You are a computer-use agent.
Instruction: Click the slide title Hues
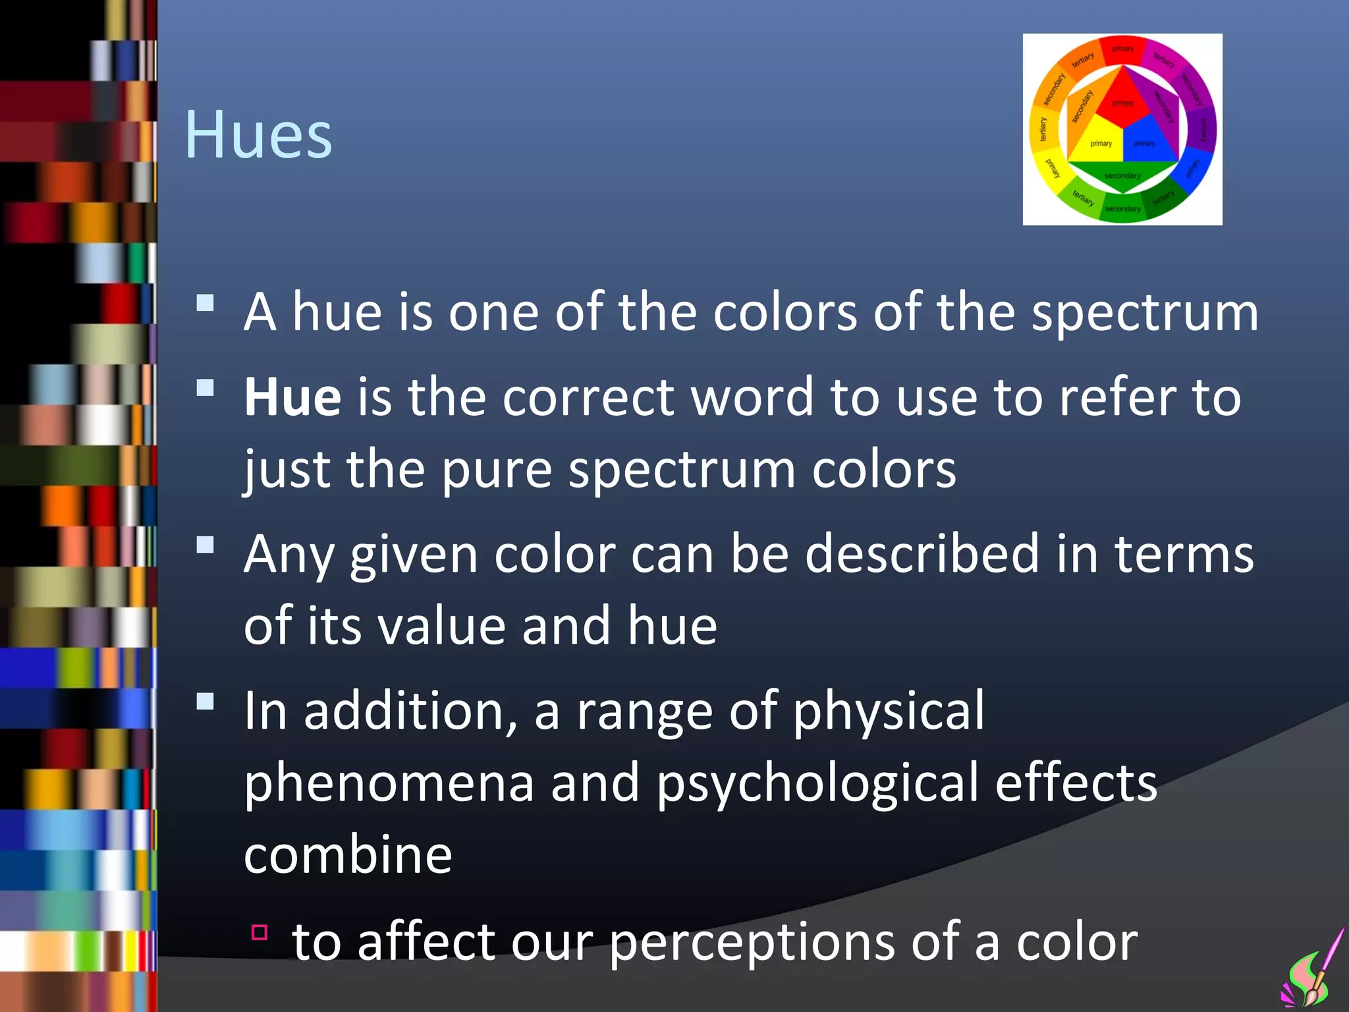258,135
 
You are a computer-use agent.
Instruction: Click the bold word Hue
292,397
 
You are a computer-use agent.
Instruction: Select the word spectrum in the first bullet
1145,313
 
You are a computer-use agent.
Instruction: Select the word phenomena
389,783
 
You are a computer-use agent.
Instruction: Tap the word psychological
817,784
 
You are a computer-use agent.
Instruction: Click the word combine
348,855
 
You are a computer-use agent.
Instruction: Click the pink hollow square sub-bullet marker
260,932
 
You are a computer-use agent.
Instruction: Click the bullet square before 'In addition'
206,702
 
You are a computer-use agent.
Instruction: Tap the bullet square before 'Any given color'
206,545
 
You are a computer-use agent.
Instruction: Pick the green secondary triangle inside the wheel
1122,174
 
